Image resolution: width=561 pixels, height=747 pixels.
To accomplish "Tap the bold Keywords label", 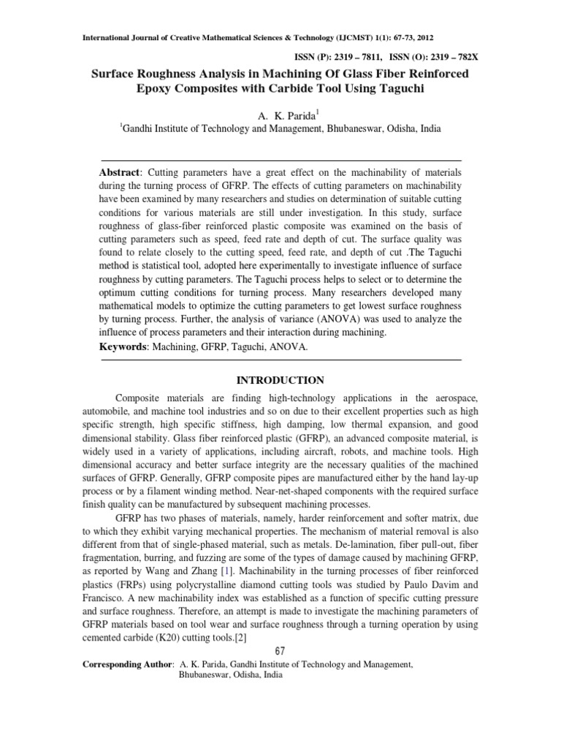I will tap(123, 347).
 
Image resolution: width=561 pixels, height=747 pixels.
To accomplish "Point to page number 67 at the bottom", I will tap(280, 651).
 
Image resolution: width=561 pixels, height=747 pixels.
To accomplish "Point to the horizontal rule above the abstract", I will tap(280, 160).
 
